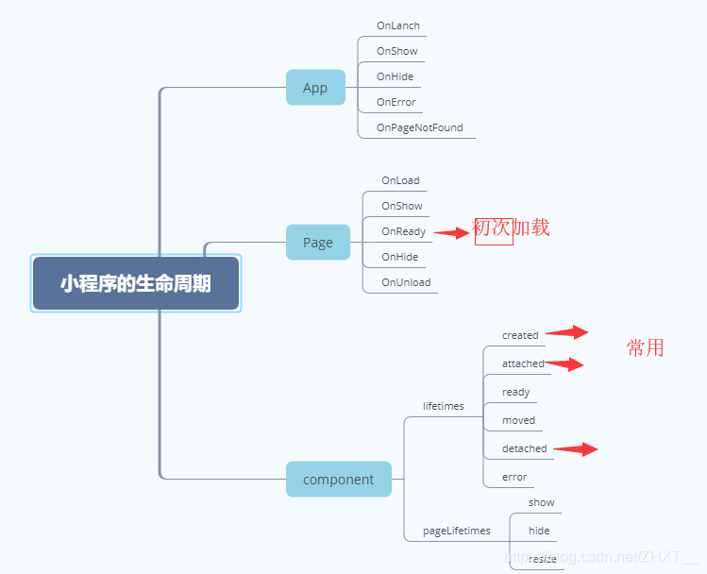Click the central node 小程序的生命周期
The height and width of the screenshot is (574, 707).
click(136, 283)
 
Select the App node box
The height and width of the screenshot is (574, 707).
click(315, 88)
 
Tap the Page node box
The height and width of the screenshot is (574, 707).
click(317, 243)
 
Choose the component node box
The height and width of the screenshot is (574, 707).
click(338, 480)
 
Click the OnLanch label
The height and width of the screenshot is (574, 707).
click(397, 25)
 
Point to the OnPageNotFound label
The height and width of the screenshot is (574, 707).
click(419, 127)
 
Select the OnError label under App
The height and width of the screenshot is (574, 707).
click(396, 102)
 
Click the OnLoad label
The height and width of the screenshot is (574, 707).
click(400, 180)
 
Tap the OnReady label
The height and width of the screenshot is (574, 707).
click(403, 231)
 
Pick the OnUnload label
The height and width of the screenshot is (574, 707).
click(406, 282)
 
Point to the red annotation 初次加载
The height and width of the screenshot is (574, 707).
click(511, 228)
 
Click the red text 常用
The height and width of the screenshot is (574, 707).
click(646, 347)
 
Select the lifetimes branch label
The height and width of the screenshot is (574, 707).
click(443, 406)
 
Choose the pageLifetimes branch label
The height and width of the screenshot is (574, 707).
click(456, 531)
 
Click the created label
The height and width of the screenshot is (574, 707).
click(520, 335)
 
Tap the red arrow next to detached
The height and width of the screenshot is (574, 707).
click(575, 449)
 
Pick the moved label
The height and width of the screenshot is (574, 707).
click(518, 420)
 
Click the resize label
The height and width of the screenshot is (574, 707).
click(542, 559)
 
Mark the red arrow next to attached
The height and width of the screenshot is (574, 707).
click(564, 363)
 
